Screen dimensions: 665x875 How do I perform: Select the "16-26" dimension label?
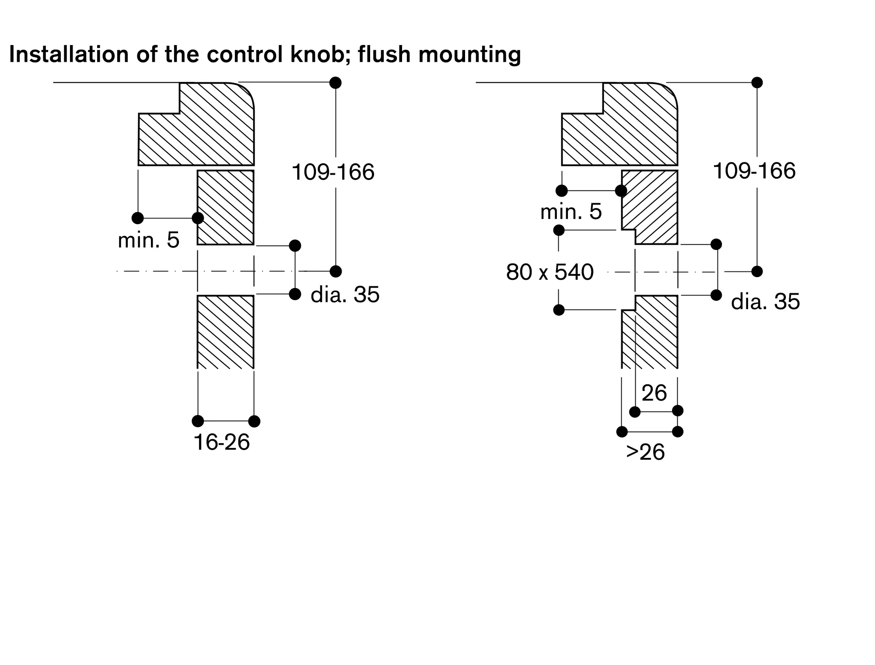[221, 442]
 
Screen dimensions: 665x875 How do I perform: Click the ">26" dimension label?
[645, 452]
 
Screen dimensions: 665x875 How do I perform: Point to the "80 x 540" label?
[549, 272]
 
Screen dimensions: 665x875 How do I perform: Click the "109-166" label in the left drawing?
[333, 172]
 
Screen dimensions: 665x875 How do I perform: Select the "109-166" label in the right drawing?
[754, 171]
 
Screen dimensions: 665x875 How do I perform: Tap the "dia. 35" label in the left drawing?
[345, 295]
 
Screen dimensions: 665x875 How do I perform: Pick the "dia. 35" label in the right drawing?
[765, 302]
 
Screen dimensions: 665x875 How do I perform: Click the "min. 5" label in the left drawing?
[149, 240]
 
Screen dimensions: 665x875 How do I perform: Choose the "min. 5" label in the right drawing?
[571, 212]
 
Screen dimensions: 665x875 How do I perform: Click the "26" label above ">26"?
[654, 393]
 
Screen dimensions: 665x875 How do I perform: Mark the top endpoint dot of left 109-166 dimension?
[336, 82]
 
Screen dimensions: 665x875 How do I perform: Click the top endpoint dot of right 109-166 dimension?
[757, 82]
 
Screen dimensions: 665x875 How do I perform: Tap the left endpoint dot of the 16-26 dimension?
[198, 421]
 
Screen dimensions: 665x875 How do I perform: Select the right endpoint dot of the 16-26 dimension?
[254, 421]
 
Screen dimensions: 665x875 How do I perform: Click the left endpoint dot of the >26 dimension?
[622, 432]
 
